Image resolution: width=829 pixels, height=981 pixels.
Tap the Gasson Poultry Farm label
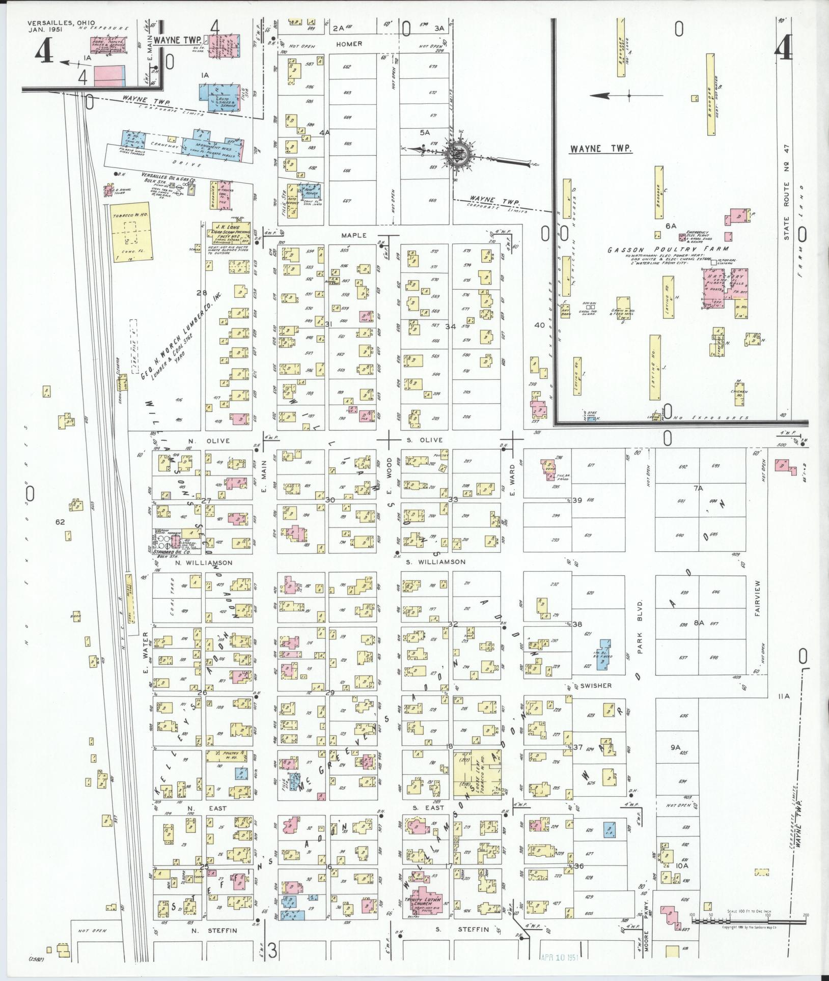[647, 250]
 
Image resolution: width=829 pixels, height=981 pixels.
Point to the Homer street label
[349, 44]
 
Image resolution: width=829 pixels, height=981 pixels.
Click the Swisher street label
[596, 686]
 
